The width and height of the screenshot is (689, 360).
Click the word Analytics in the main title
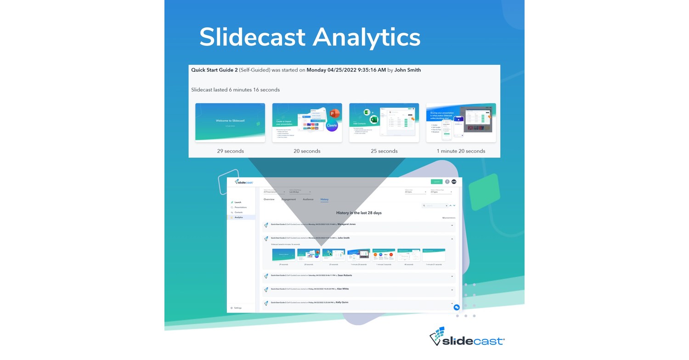pyautogui.click(x=366, y=37)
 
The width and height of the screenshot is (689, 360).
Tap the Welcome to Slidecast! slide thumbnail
pyautogui.click(x=230, y=122)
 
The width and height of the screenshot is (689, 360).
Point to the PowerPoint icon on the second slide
pyautogui.click(x=334, y=113)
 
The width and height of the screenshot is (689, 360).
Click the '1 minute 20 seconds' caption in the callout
pyautogui.click(x=461, y=151)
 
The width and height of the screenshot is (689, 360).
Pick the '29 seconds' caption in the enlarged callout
pyautogui.click(x=230, y=151)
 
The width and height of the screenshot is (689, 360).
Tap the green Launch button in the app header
pyautogui.click(x=436, y=182)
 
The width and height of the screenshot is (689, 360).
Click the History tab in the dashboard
pyautogui.click(x=324, y=199)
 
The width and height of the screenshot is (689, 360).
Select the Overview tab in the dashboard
pyautogui.click(x=269, y=199)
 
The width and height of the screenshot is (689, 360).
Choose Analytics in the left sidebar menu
pyautogui.click(x=239, y=217)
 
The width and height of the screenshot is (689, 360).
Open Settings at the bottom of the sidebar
pyautogui.click(x=237, y=308)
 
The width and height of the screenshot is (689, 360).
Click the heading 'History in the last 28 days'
pyautogui.click(x=359, y=213)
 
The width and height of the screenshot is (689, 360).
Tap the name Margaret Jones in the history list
pyautogui.click(x=346, y=225)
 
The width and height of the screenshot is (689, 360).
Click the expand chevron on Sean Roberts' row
pyautogui.click(x=452, y=276)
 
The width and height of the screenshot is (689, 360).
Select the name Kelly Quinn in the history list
pyautogui.click(x=342, y=303)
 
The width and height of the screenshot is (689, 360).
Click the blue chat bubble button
pyautogui.click(x=457, y=307)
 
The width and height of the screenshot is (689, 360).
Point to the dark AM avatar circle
pyautogui.click(x=454, y=182)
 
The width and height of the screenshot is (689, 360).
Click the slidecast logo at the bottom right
pyautogui.click(x=467, y=337)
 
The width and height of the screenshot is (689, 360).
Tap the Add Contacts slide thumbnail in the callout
pyautogui.click(x=384, y=122)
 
